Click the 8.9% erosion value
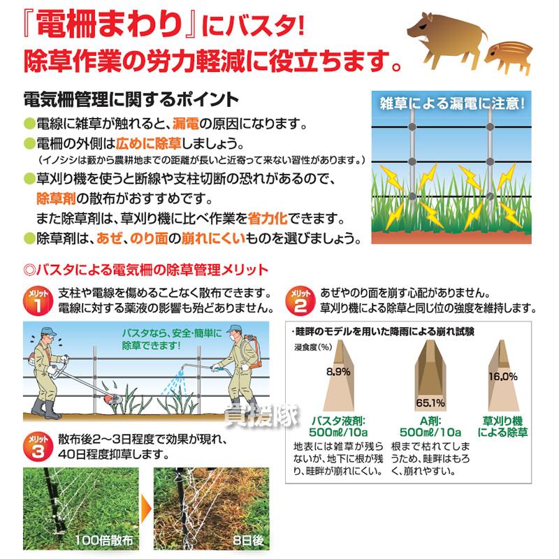click(x=337, y=371)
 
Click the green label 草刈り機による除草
click(x=503, y=428)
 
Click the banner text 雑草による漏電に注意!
click(x=451, y=104)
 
